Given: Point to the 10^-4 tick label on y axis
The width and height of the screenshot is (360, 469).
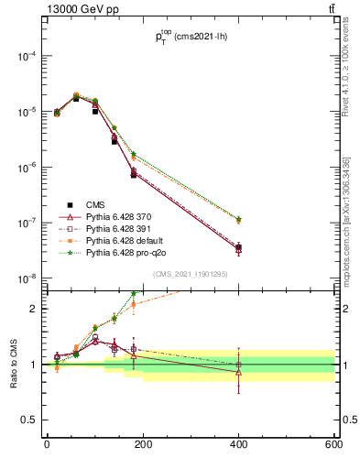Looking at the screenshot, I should pos(23,56).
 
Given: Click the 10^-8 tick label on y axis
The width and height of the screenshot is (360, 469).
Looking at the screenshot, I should pos(23,278).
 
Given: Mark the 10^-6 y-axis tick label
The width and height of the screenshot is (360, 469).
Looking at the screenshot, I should pos(23,168).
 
